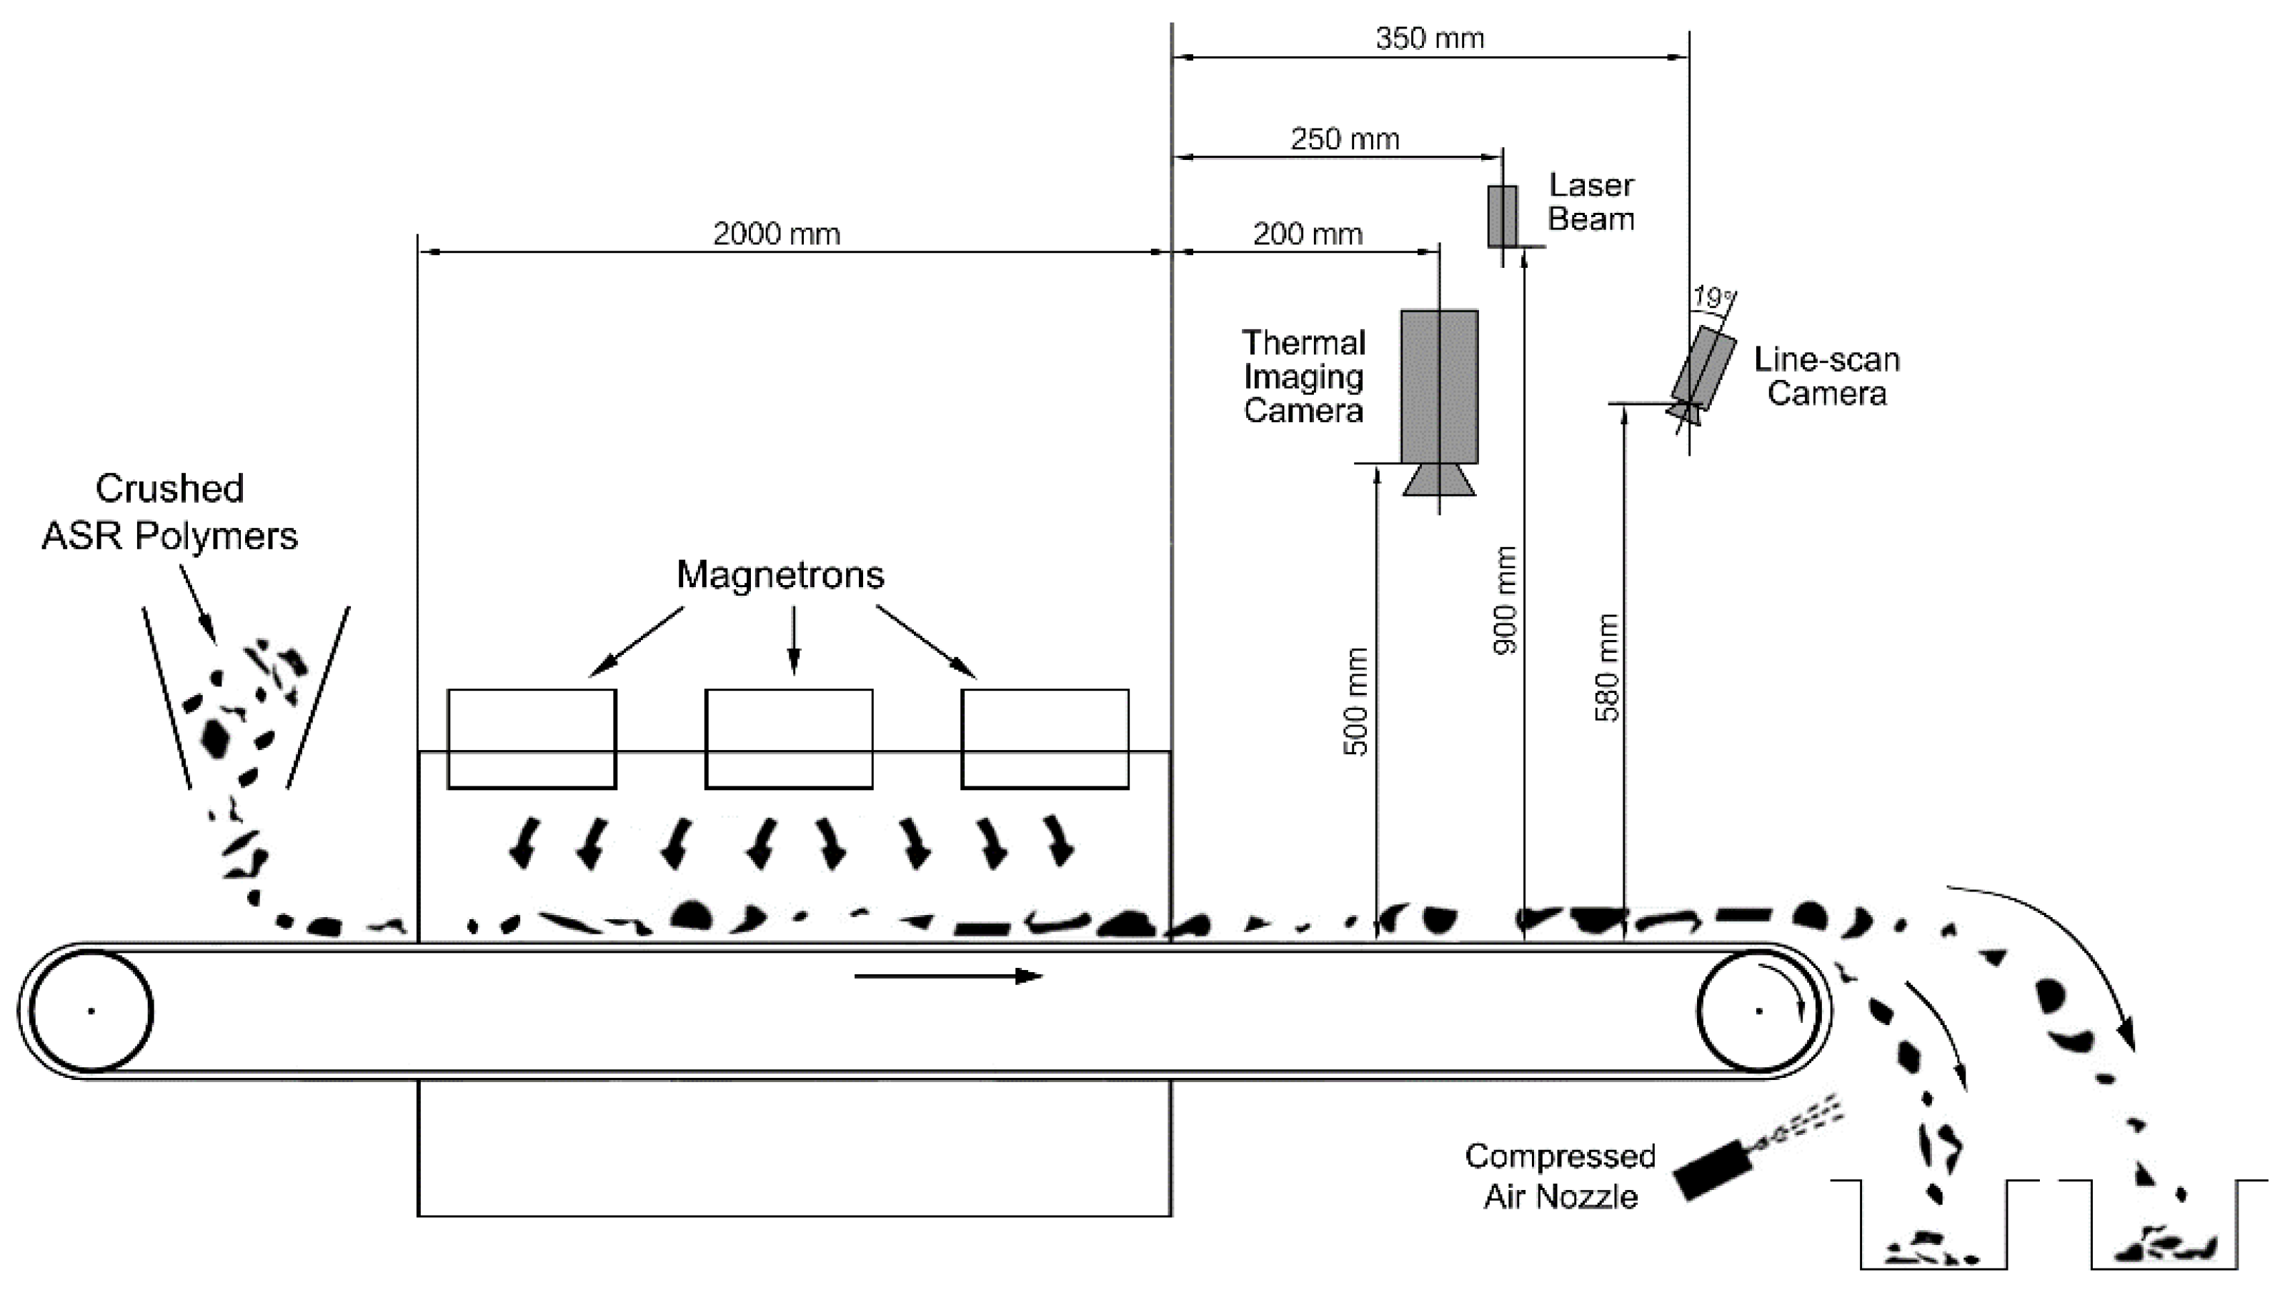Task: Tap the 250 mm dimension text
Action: coord(1344,139)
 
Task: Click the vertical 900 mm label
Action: coord(1505,601)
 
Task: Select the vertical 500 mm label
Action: coord(1355,701)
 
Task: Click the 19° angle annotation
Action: coord(1712,297)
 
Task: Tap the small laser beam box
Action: coord(1502,215)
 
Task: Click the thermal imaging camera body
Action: coord(1438,386)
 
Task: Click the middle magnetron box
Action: coord(789,738)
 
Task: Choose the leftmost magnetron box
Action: coord(532,738)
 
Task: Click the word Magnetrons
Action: coord(780,575)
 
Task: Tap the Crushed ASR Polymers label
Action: coord(169,512)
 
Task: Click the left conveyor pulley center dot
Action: coord(91,1011)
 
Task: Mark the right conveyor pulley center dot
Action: coord(1759,1011)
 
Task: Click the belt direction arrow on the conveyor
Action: coord(948,976)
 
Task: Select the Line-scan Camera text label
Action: coord(1826,376)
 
